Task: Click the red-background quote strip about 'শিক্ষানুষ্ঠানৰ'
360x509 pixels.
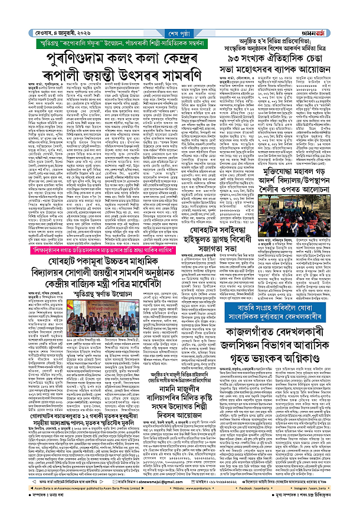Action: click(112, 250)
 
